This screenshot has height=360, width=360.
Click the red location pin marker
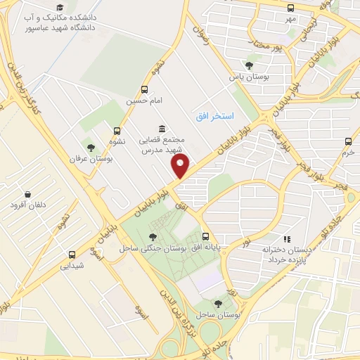coord(181,167)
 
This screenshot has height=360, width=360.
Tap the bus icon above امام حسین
coord(144,89)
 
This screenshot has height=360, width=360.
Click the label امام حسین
coord(144,101)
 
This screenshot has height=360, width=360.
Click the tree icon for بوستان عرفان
coord(90,147)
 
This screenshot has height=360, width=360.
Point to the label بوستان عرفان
coord(86,159)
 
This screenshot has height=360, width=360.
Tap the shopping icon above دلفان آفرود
coord(27,193)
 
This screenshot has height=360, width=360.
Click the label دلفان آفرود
coord(28,205)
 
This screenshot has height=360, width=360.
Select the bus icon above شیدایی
coord(72,255)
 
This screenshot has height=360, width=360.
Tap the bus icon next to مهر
coord(291,7)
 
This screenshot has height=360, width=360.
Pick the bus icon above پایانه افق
coord(205,236)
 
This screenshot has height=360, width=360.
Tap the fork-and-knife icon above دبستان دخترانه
coord(285,239)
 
